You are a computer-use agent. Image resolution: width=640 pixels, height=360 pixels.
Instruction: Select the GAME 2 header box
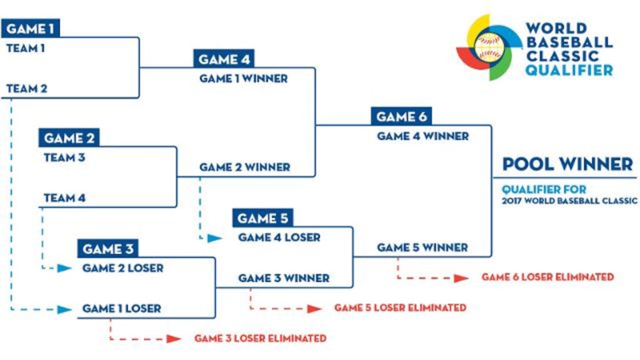tap(69, 138)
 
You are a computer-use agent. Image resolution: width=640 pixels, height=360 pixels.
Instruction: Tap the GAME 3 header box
tap(107, 249)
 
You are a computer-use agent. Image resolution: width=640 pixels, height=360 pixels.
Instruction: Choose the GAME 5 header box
tap(262, 218)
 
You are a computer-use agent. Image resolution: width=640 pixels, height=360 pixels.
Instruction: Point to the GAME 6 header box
tap(401, 116)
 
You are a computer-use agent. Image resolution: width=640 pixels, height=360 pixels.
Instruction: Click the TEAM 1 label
tap(26, 48)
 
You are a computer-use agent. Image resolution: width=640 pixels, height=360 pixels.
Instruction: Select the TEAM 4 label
tap(64, 198)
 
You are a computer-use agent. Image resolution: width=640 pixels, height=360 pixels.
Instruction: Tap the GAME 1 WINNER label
tap(243, 79)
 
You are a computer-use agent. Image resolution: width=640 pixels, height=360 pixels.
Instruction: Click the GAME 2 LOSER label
tap(122, 268)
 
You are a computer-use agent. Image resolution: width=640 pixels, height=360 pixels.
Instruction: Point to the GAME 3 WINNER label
tap(284, 278)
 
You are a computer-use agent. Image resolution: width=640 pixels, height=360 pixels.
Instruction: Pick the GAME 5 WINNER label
tap(422, 247)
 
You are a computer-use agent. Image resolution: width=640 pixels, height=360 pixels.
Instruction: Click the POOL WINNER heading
tap(567, 164)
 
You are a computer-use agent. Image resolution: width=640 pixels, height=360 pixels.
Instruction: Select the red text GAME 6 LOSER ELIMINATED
tap(547, 277)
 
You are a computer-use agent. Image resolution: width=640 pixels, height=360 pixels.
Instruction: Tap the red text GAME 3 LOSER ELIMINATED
tap(260, 338)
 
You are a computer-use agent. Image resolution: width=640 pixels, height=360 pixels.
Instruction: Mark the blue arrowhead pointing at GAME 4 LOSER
tap(214, 238)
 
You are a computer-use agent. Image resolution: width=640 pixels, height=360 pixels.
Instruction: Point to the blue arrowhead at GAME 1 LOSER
tap(64, 309)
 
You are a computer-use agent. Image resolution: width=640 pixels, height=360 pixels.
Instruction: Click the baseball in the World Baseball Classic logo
tap(488, 47)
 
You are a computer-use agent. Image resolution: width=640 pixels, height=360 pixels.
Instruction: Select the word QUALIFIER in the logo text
tap(569, 71)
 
